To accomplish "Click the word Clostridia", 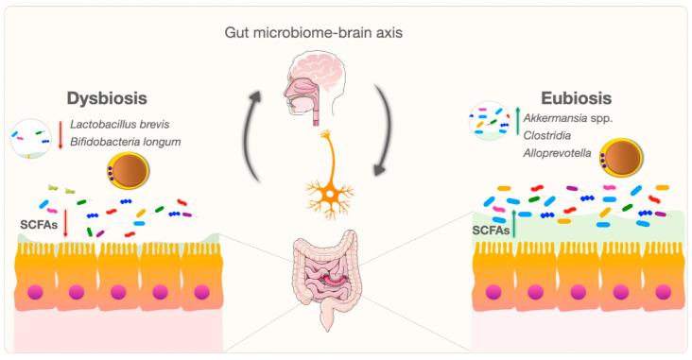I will click(x=552, y=134).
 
